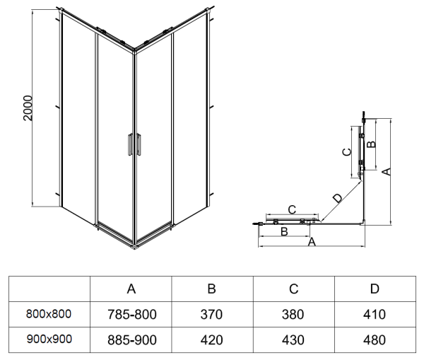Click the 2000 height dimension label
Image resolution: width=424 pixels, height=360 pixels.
[x=28, y=108]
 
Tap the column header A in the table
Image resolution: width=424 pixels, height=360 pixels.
[x=131, y=289]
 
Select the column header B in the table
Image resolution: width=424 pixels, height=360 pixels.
[x=211, y=289]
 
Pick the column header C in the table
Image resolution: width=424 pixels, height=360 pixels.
[x=294, y=289]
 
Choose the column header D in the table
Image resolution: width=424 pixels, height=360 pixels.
[x=375, y=289]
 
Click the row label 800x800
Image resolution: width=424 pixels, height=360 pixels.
[x=49, y=313]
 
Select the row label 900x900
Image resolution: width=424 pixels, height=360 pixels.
[x=49, y=339]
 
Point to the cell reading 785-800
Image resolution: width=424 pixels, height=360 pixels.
[x=131, y=314]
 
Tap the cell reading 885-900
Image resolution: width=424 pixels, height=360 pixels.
[x=131, y=340]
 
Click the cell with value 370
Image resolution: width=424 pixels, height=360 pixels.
[x=211, y=314]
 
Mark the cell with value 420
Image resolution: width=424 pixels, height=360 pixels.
[x=211, y=340]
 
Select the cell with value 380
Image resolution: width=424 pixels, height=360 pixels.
[x=294, y=314]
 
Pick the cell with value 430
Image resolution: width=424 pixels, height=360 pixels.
[x=294, y=340]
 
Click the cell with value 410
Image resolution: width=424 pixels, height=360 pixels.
[x=375, y=314]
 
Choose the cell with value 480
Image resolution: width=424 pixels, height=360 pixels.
[x=375, y=340]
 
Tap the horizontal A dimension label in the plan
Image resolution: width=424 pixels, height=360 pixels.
[x=311, y=243]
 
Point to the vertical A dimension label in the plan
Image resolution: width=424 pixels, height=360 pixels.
[x=386, y=171]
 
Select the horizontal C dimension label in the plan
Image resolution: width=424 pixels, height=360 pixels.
[x=291, y=210]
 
